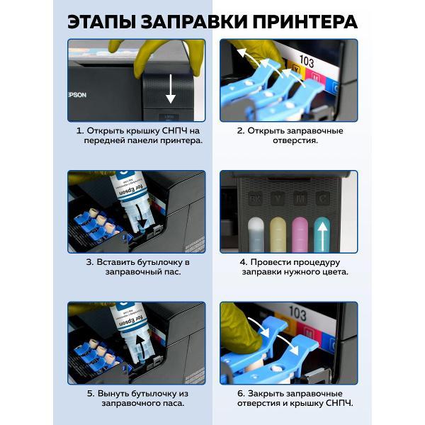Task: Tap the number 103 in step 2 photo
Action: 307,62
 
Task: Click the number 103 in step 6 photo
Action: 297,313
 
